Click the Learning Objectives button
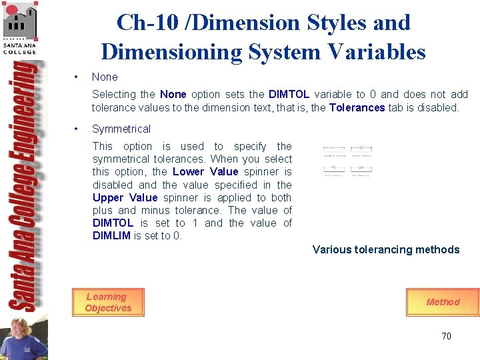[108, 303]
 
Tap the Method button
[443, 302]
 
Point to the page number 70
[446, 336]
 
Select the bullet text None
[105, 77]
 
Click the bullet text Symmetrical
[121, 129]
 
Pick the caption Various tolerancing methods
[386, 249]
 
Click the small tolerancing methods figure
[347, 161]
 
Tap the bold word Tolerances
[357, 107]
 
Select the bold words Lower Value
[205, 171]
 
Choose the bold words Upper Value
[125, 197]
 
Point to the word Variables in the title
[383, 51]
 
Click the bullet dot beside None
[78, 77]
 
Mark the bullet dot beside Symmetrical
[78, 129]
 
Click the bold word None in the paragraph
[173, 95]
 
